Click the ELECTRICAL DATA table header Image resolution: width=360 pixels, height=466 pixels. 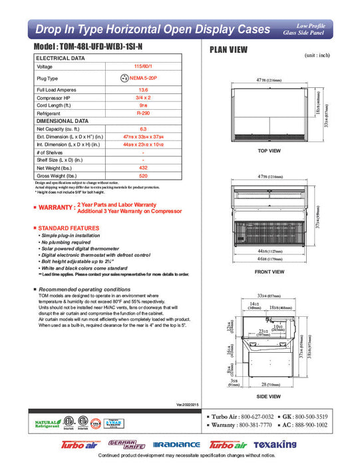pyautogui.click(x=61, y=59)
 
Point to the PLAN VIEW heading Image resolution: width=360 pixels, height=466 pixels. pyautogui.click(x=230, y=49)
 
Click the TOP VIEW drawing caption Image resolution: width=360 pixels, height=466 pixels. pyautogui.click(x=270, y=151)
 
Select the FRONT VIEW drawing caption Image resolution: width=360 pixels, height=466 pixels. pyautogui.click(x=270, y=272)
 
